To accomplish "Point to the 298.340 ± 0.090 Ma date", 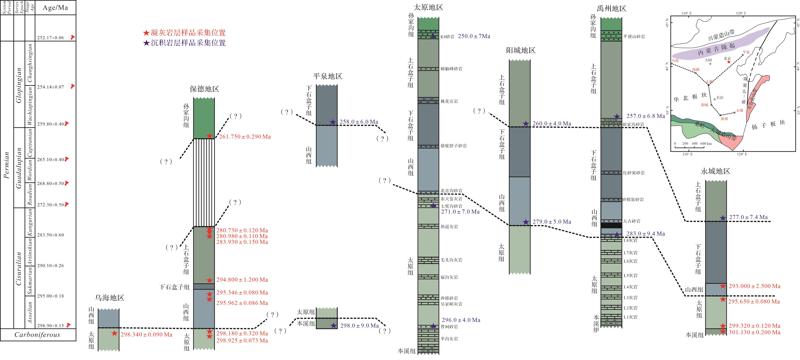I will [146, 334].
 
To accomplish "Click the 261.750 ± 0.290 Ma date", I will [245, 137].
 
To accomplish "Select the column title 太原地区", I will [428, 7].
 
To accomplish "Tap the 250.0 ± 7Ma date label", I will [474, 36].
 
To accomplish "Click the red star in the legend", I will [146, 33].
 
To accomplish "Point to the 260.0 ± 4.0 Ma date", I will [552, 124].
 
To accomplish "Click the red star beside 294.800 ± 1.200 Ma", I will [210, 280].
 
